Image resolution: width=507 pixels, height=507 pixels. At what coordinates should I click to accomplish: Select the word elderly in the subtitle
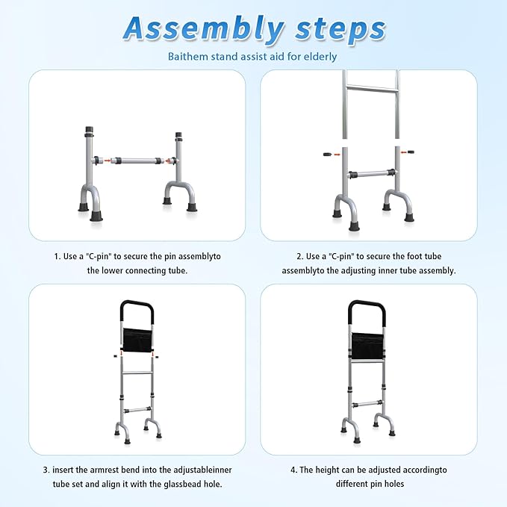pyautogui.click(x=319, y=56)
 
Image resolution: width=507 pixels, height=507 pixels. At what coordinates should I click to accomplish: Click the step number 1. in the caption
pyautogui.click(x=57, y=256)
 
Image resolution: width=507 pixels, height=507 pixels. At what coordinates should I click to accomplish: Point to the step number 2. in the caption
pyautogui.click(x=290, y=256)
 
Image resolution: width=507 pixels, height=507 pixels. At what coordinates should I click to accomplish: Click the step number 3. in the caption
pyautogui.click(x=46, y=470)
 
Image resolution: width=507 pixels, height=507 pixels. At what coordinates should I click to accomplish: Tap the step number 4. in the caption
pyautogui.click(x=293, y=470)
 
